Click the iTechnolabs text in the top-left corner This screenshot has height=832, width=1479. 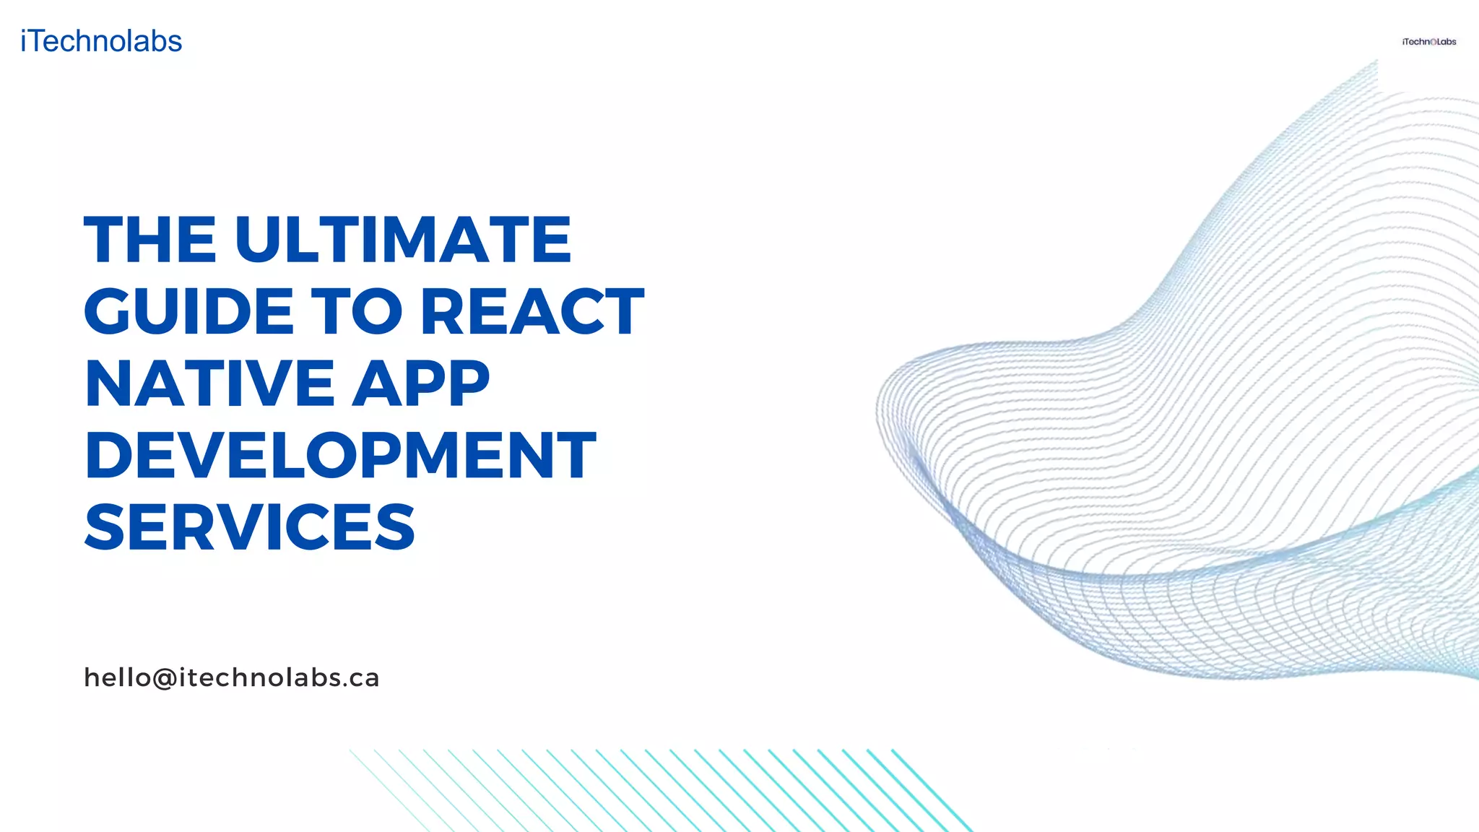click(101, 41)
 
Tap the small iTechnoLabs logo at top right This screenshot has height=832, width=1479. click(1428, 42)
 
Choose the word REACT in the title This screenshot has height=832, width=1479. click(532, 311)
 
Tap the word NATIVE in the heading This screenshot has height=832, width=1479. click(209, 383)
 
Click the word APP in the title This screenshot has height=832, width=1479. click(421, 383)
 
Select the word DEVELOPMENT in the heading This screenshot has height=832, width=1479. click(340, 455)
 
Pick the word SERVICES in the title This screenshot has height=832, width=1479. click(250, 527)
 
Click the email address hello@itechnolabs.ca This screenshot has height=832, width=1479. click(232, 677)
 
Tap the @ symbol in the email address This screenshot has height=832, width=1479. click(165, 678)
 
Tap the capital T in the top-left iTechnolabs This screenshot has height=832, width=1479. click(38, 41)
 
